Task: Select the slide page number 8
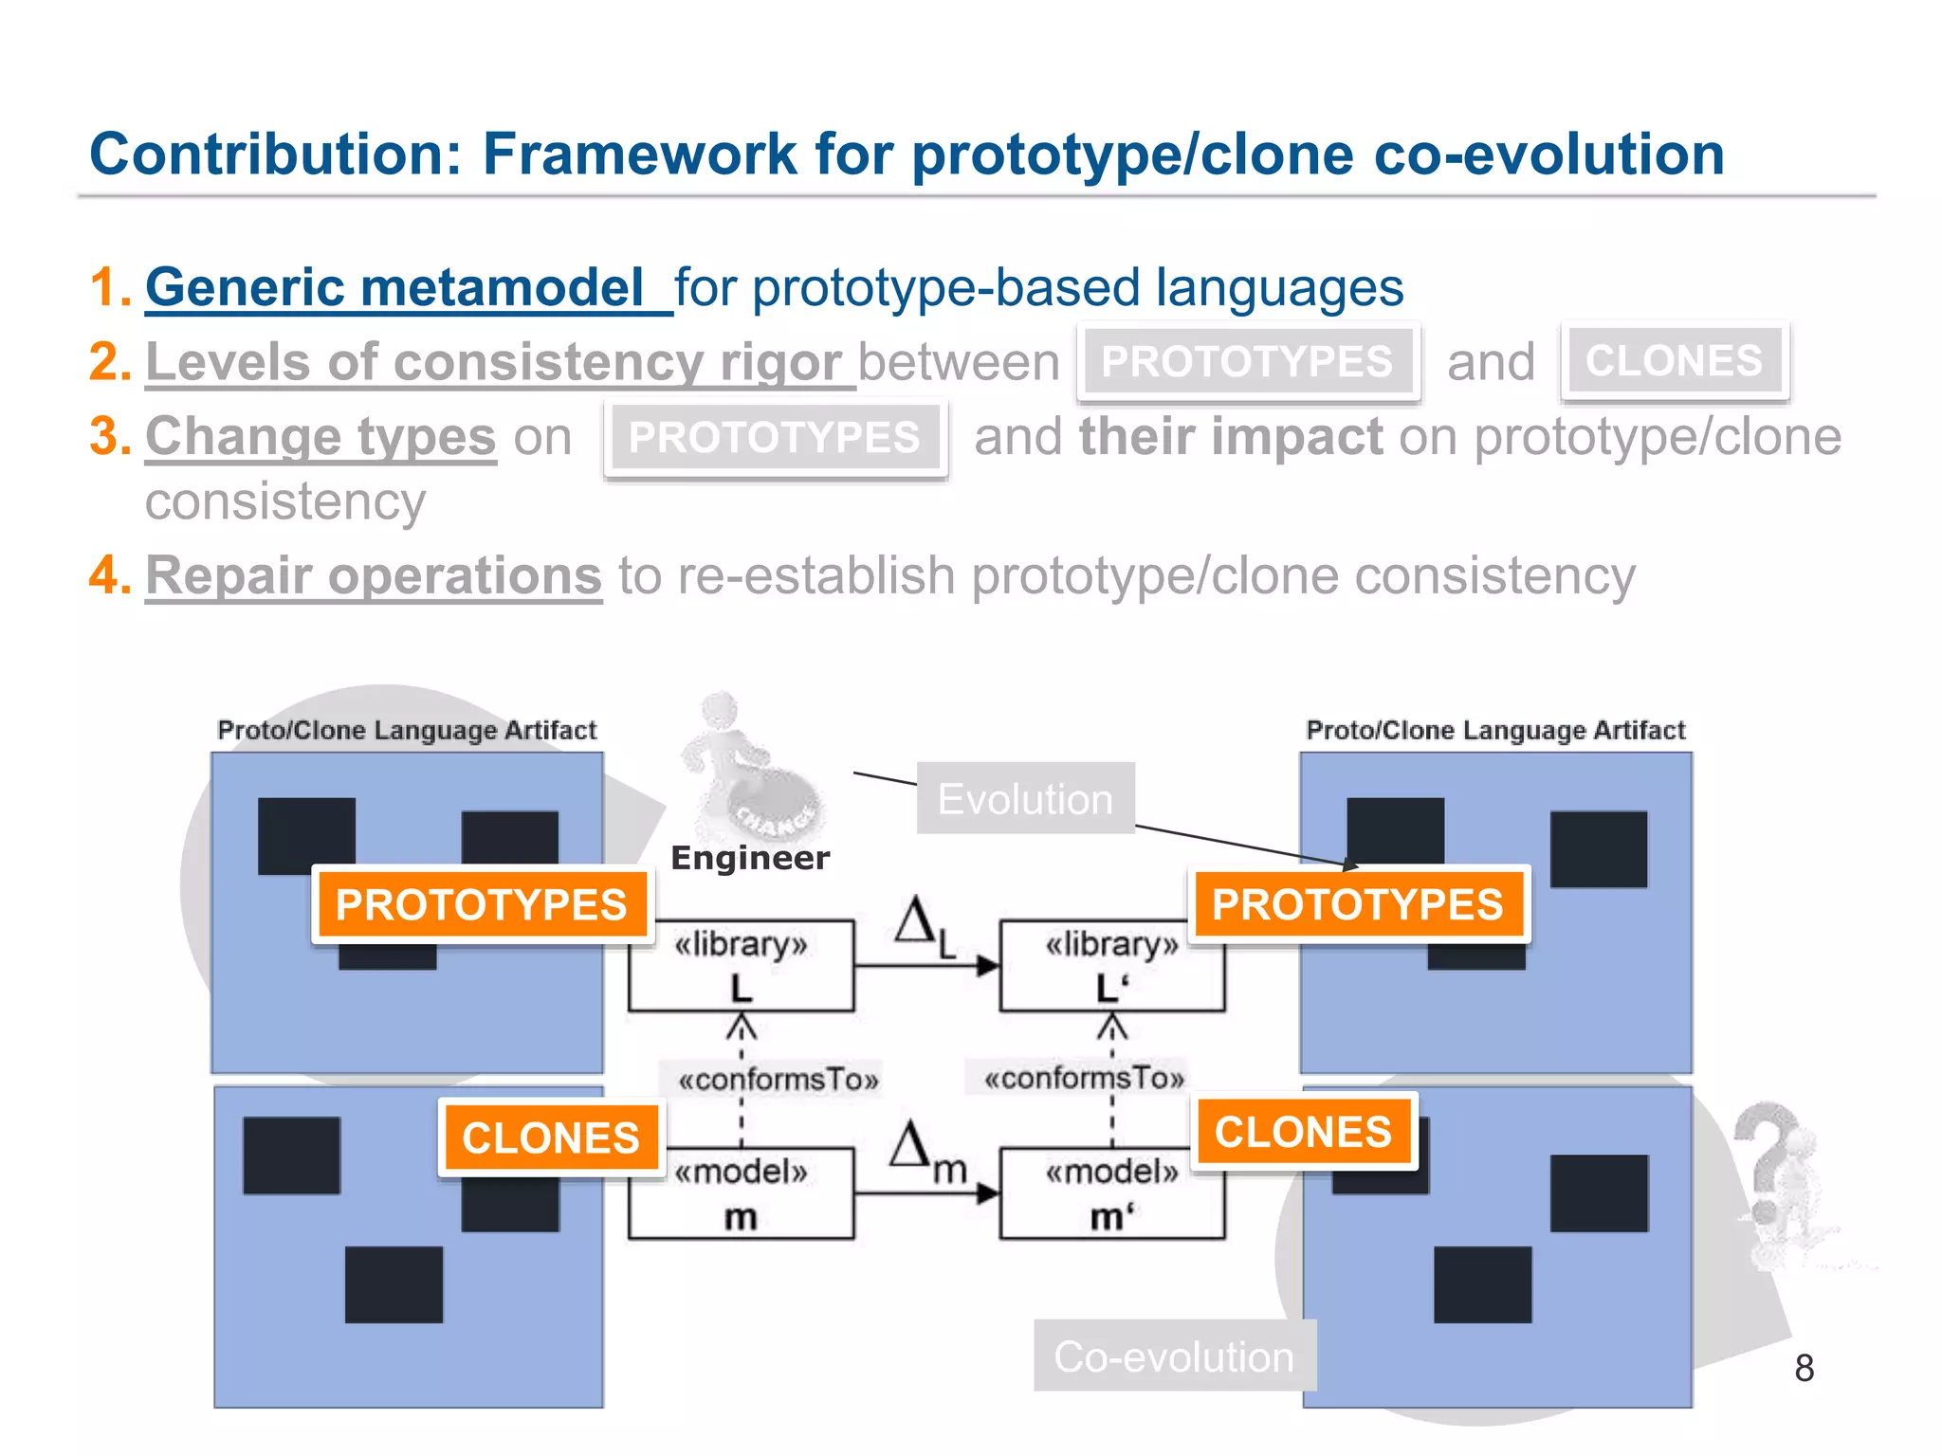coord(1804,1368)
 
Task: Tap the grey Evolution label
coord(1025,799)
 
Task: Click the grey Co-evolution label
coord(1174,1356)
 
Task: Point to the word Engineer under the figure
coord(749,858)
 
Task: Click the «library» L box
coord(741,965)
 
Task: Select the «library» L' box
coord(1111,965)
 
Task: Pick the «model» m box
coord(741,1193)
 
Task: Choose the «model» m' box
coord(1111,1193)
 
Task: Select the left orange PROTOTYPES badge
coord(482,904)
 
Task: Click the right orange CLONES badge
coord(1303,1132)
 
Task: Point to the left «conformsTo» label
coord(778,1080)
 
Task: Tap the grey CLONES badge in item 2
coord(1674,361)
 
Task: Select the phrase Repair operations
coord(374,575)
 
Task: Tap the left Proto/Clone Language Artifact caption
coord(407,730)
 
